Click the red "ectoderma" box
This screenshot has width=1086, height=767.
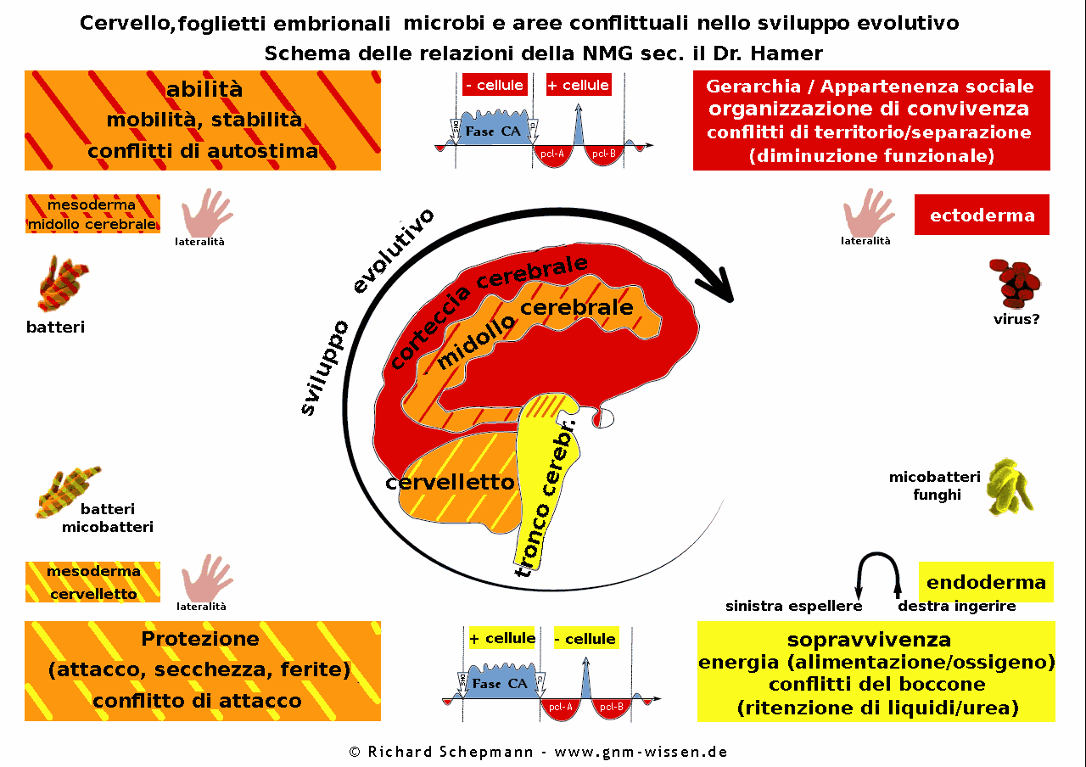(982, 215)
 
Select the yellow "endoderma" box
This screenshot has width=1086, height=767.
(986, 582)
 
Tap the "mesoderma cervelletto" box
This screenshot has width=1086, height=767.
(93, 582)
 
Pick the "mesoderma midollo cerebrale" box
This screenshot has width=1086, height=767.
(93, 215)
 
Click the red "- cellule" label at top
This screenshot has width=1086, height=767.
(494, 85)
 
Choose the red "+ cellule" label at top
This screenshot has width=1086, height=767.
(578, 85)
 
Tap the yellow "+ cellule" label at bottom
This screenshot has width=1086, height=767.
(501, 638)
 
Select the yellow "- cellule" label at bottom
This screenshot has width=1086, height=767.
(585, 639)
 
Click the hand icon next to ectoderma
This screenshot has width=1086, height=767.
(868, 212)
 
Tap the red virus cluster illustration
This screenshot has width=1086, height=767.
(1016, 283)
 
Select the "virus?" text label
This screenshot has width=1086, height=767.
(1016, 320)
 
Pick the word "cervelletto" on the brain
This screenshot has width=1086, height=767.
(450, 483)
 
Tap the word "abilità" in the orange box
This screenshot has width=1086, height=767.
(204, 90)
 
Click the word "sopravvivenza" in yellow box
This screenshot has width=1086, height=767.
(869, 639)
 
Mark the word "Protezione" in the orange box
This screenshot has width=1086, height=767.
(200, 639)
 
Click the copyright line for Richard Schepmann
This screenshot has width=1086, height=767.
(538, 752)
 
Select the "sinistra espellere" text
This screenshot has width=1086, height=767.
(793, 606)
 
